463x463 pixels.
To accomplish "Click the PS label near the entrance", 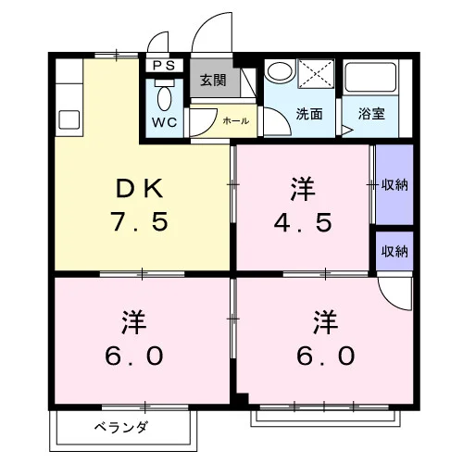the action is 164,66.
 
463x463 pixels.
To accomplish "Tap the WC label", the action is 164,122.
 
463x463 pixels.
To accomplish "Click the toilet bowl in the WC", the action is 164,98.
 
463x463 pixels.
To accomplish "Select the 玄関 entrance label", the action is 213,81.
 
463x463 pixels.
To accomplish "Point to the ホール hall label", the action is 236,120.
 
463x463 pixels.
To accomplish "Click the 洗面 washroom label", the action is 309,114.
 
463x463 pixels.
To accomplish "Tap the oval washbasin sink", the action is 280,72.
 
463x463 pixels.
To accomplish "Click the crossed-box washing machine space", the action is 316,74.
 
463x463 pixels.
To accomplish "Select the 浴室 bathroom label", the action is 371,114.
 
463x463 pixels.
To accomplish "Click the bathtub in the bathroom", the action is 370,77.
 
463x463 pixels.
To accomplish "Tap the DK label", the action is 140,189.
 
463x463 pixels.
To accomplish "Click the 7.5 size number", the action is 141,221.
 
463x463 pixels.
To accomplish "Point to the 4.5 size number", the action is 303,222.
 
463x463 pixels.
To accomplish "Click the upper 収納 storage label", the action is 394,185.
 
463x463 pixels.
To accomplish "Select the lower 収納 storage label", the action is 394,252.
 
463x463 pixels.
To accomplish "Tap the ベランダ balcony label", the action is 121,428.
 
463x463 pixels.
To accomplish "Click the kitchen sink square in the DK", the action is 69,119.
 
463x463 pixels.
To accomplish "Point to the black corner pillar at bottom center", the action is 242,399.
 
